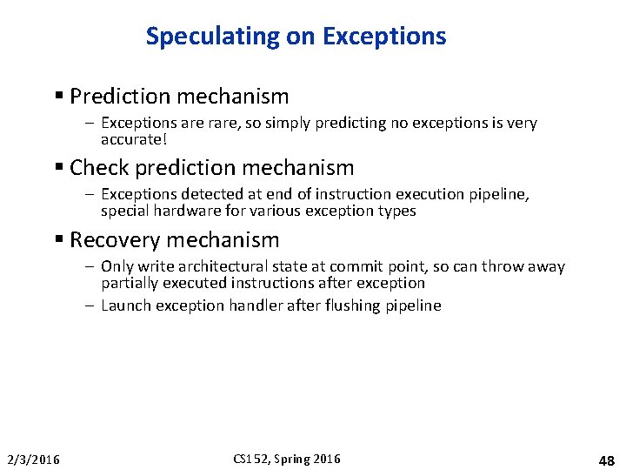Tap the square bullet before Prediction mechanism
pos(58,96)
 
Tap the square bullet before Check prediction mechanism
pos(58,168)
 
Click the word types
pos(396,211)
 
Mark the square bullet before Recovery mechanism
pos(58,240)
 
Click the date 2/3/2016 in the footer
pos(33,460)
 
